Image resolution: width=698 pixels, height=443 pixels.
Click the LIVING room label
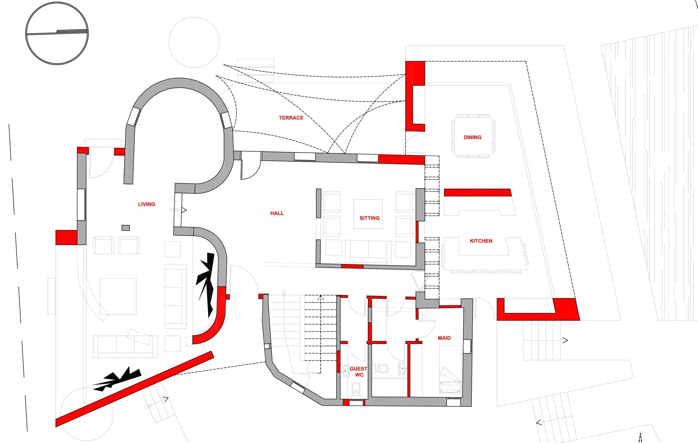146,204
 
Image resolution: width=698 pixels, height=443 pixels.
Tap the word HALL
277,213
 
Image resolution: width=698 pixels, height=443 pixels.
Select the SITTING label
369,218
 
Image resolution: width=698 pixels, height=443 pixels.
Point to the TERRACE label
291,118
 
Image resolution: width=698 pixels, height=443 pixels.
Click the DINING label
473,137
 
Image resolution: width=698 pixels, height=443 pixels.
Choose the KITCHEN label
481,241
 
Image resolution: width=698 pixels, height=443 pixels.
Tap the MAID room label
444,338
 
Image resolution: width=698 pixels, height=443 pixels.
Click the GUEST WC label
359,372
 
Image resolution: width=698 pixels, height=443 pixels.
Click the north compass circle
57,33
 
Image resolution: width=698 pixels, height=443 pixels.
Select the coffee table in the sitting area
368,214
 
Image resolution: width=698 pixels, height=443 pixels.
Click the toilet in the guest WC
356,389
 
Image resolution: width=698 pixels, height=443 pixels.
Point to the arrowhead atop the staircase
321,297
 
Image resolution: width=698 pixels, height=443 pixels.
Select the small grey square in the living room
125,228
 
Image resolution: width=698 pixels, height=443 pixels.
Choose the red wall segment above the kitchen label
477,193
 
